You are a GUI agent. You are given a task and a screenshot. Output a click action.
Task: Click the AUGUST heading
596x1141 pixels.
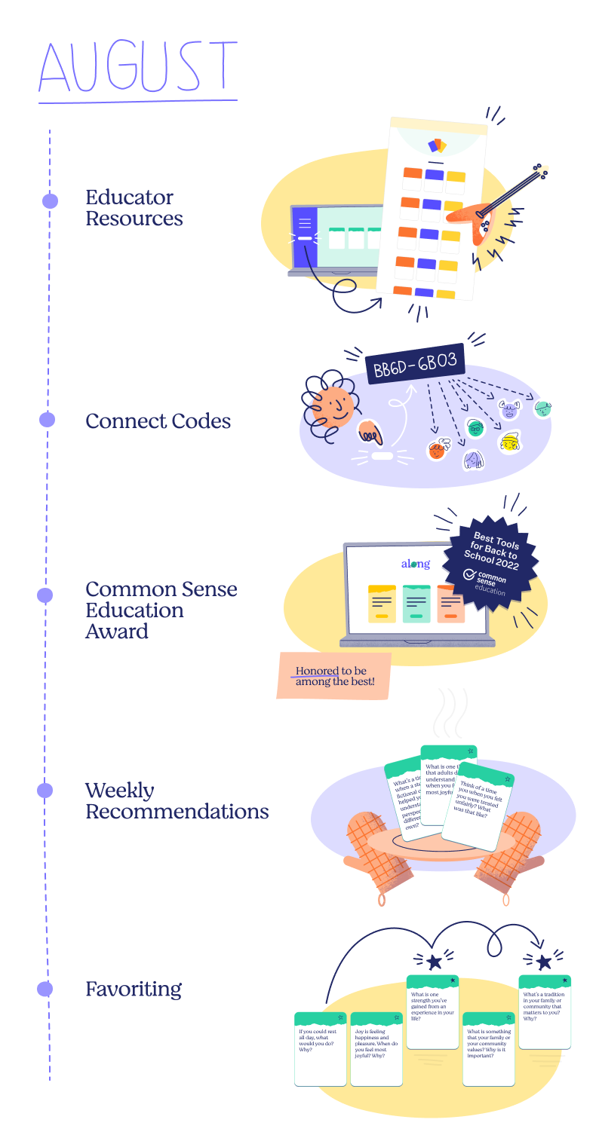pyautogui.click(x=138, y=67)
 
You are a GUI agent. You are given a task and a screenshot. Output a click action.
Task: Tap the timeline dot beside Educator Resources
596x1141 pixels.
pyautogui.click(x=50, y=200)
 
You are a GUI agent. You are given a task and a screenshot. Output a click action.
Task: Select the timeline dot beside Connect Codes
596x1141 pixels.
pyautogui.click(x=48, y=420)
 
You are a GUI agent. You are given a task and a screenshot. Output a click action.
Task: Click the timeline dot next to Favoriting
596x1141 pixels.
pyautogui.click(x=45, y=989)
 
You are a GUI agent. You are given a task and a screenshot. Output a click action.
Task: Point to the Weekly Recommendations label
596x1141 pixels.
pyautogui.click(x=177, y=801)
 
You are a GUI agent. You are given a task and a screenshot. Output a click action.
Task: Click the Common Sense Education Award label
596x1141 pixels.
pyautogui.click(x=161, y=610)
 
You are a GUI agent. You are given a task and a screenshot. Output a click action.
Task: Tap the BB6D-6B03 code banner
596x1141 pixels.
pyautogui.click(x=415, y=363)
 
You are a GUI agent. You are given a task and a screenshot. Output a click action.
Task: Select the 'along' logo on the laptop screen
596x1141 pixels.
pyautogui.click(x=415, y=564)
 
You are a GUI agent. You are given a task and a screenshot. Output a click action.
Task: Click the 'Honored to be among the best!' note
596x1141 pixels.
pyautogui.click(x=334, y=675)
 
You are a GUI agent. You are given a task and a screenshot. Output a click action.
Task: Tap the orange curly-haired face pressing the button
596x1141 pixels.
pyautogui.click(x=333, y=408)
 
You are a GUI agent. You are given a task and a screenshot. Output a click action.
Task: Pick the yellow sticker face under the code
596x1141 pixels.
pyautogui.click(x=511, y=442)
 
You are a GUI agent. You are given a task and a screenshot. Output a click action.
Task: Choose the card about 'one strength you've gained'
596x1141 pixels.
pyautogui.click(x=432, y=1011)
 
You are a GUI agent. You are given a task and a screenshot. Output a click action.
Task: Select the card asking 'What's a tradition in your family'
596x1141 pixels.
pyautogui.click(x=544, y=1011)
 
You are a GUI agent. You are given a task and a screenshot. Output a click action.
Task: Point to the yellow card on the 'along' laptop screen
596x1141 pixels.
pyautogui.click(x=382, y=603)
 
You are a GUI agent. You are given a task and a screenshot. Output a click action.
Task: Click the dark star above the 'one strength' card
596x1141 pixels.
pyautogui.click(x=434, y=962)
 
